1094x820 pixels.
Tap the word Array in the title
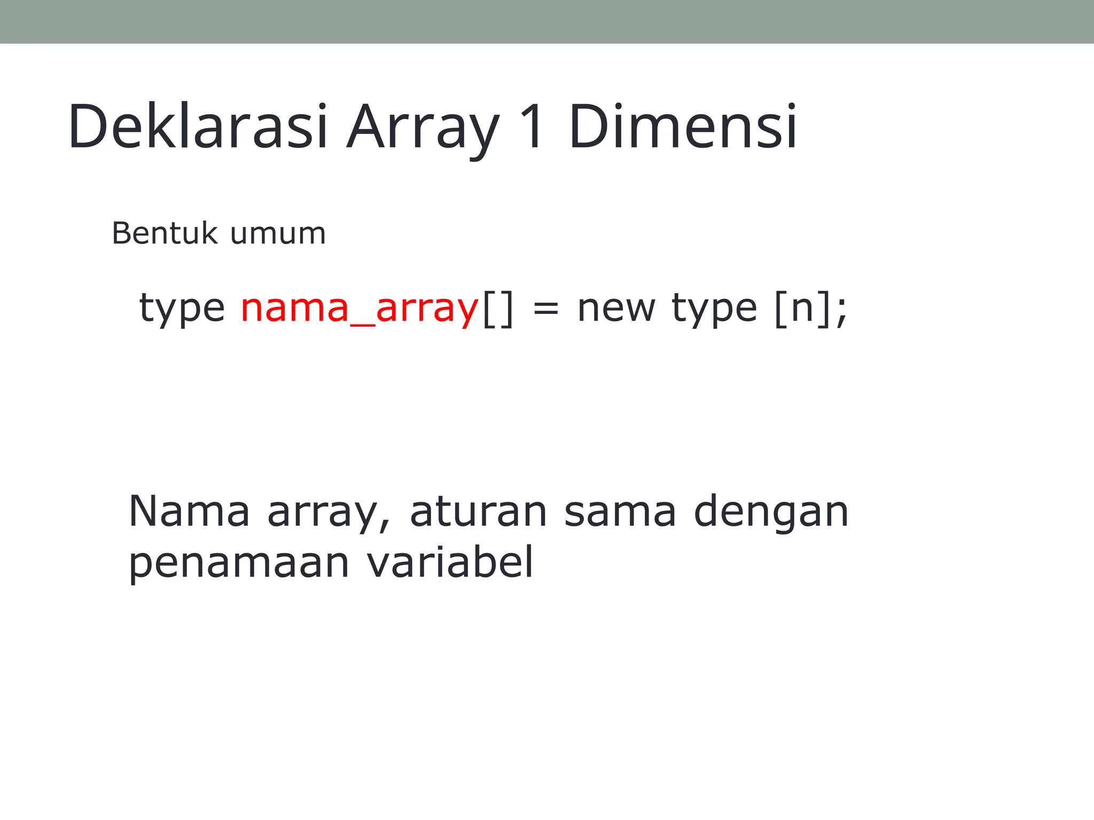[x=423, y=128]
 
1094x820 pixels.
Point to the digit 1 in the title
[x=532, y=127]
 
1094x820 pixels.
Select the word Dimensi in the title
[x=683, y=127]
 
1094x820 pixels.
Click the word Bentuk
[x=165, y=233]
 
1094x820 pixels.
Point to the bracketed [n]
[x=802, y=309]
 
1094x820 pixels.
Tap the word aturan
[x=478, y=511]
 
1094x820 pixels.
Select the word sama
[x=620, y=511]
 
